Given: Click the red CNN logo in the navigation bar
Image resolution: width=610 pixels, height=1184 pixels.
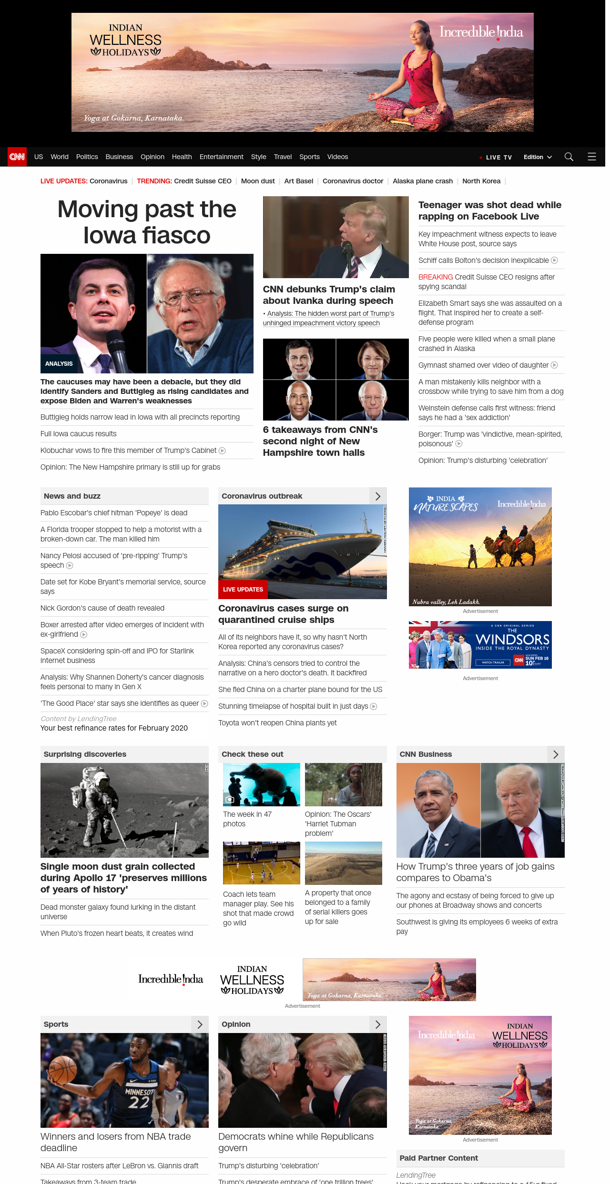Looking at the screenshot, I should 17,157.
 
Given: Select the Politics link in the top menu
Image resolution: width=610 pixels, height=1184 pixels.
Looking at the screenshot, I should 87,157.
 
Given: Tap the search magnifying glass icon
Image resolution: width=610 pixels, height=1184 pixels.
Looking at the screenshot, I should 569,157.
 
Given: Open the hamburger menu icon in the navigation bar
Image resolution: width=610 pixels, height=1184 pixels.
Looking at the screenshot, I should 592,157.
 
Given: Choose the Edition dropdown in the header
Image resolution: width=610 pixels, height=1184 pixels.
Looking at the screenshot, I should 538,157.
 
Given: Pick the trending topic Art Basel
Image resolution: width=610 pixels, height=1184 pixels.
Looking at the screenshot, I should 299,181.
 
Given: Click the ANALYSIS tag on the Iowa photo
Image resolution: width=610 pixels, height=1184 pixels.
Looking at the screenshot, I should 59,364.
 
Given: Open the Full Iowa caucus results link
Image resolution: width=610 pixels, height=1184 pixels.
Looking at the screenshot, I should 79,434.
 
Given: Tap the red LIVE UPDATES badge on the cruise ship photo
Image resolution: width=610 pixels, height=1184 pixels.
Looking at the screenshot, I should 243,590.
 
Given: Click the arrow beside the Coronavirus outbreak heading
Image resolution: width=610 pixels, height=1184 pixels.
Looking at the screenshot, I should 378,496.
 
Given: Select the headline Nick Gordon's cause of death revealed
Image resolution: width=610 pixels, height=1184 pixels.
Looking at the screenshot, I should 102,608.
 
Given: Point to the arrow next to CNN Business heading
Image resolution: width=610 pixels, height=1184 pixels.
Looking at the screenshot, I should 556,754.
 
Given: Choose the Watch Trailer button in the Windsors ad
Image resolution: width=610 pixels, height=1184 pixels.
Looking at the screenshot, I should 493,662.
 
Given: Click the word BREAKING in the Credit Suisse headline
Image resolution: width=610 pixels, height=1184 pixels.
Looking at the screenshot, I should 436,277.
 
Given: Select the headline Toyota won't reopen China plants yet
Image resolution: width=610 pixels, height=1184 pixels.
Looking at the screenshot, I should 277,723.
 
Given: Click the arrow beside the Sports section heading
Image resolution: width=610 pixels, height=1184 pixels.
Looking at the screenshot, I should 200,1024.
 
